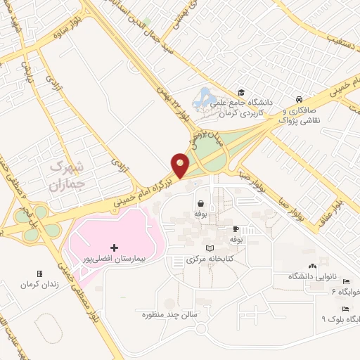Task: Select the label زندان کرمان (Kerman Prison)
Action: click(37, 285)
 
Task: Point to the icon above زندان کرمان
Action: click(39, 274)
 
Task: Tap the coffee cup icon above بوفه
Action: click(236, 229)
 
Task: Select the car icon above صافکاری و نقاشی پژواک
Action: click(300, 99)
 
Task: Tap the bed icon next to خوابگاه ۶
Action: click(345, 282)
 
